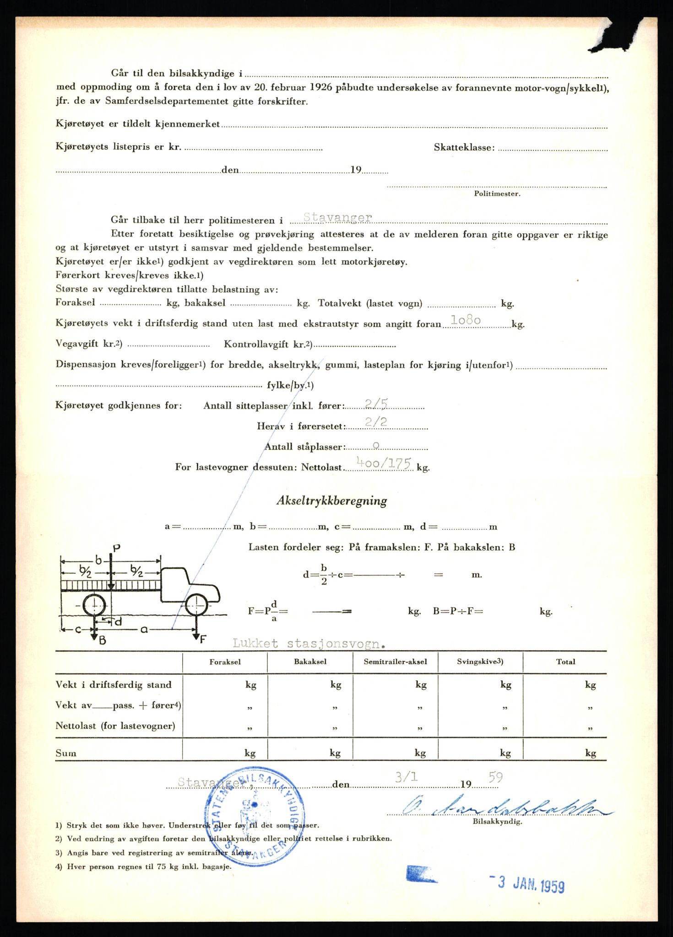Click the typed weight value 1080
click(x=466, y=320)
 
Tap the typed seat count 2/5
click(x=376, y=403)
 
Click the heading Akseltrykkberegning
click(x=331, y=501)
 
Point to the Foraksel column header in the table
click(x=225, y=662)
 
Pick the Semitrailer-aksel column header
click(x=395, y=662)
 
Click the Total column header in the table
click(x=565, y=662)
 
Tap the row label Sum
click(x=66, y=753)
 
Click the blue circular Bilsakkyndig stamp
click(x=255, y=821)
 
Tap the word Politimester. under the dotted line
click(x=497, y=194)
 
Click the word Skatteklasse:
click(x=464, y=147)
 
